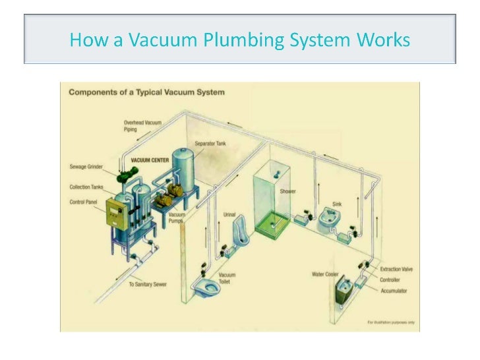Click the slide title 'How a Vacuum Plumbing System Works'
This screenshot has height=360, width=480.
pyautogui.click(x=239, y=40)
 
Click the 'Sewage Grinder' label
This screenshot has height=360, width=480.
pyautogui.click(x=86, y=166)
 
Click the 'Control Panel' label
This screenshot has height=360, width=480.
pyautogui.click(x=84, y=202)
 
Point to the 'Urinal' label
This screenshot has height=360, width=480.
pyautogui.click(x=229, y=214)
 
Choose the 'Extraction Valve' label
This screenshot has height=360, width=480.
pyautogui.click(x=396, y=270)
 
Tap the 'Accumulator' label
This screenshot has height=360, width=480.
pyautogui.click(x=394, y=290)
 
